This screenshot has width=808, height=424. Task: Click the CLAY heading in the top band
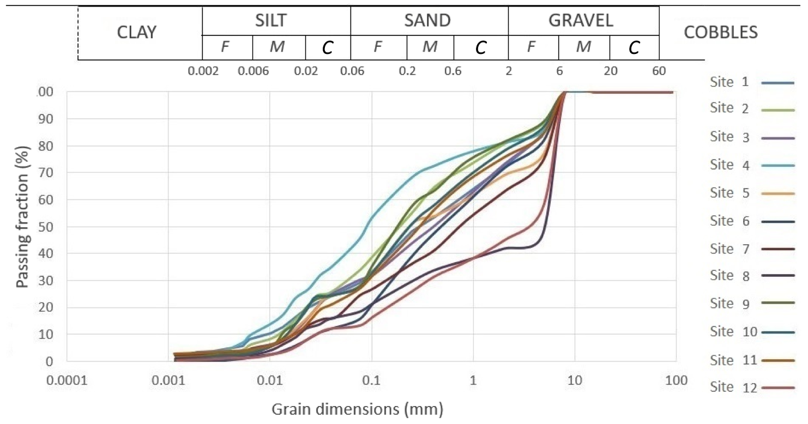pyautogui.click(x=136, y=33)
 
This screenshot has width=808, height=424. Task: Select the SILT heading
pyautogui.click(x=271, y=20)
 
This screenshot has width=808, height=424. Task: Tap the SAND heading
pyautogui.click(x=427, y=20)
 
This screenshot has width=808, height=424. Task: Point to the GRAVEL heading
pyautogui.click(x=581, y=20)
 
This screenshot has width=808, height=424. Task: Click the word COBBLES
pyautogui.click(x=721, y=33)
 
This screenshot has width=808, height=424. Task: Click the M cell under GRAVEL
pyautogui.click(x=584, y=48)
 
